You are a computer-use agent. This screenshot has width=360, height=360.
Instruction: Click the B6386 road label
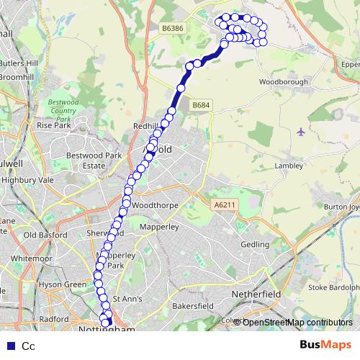click(x=171, y=27)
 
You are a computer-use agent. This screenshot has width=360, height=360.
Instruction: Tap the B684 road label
click(x=202, y=105)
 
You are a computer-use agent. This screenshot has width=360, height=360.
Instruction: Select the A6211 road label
click(x=224, y=205)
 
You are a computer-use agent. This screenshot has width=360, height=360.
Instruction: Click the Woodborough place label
click(x=284, y=82)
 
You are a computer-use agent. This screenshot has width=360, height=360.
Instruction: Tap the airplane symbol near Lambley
click(x=301, y=132)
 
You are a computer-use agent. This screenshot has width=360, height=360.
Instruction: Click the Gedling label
click(x=254, y=245)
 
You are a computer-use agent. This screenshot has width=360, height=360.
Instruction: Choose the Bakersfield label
click(x=193, y=306)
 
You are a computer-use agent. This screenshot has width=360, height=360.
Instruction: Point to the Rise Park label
click(x=53, y=125)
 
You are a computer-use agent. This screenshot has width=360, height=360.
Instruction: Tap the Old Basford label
click(x=45, y=235)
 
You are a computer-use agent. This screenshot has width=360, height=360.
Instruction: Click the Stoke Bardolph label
click(x=333, y=287)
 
